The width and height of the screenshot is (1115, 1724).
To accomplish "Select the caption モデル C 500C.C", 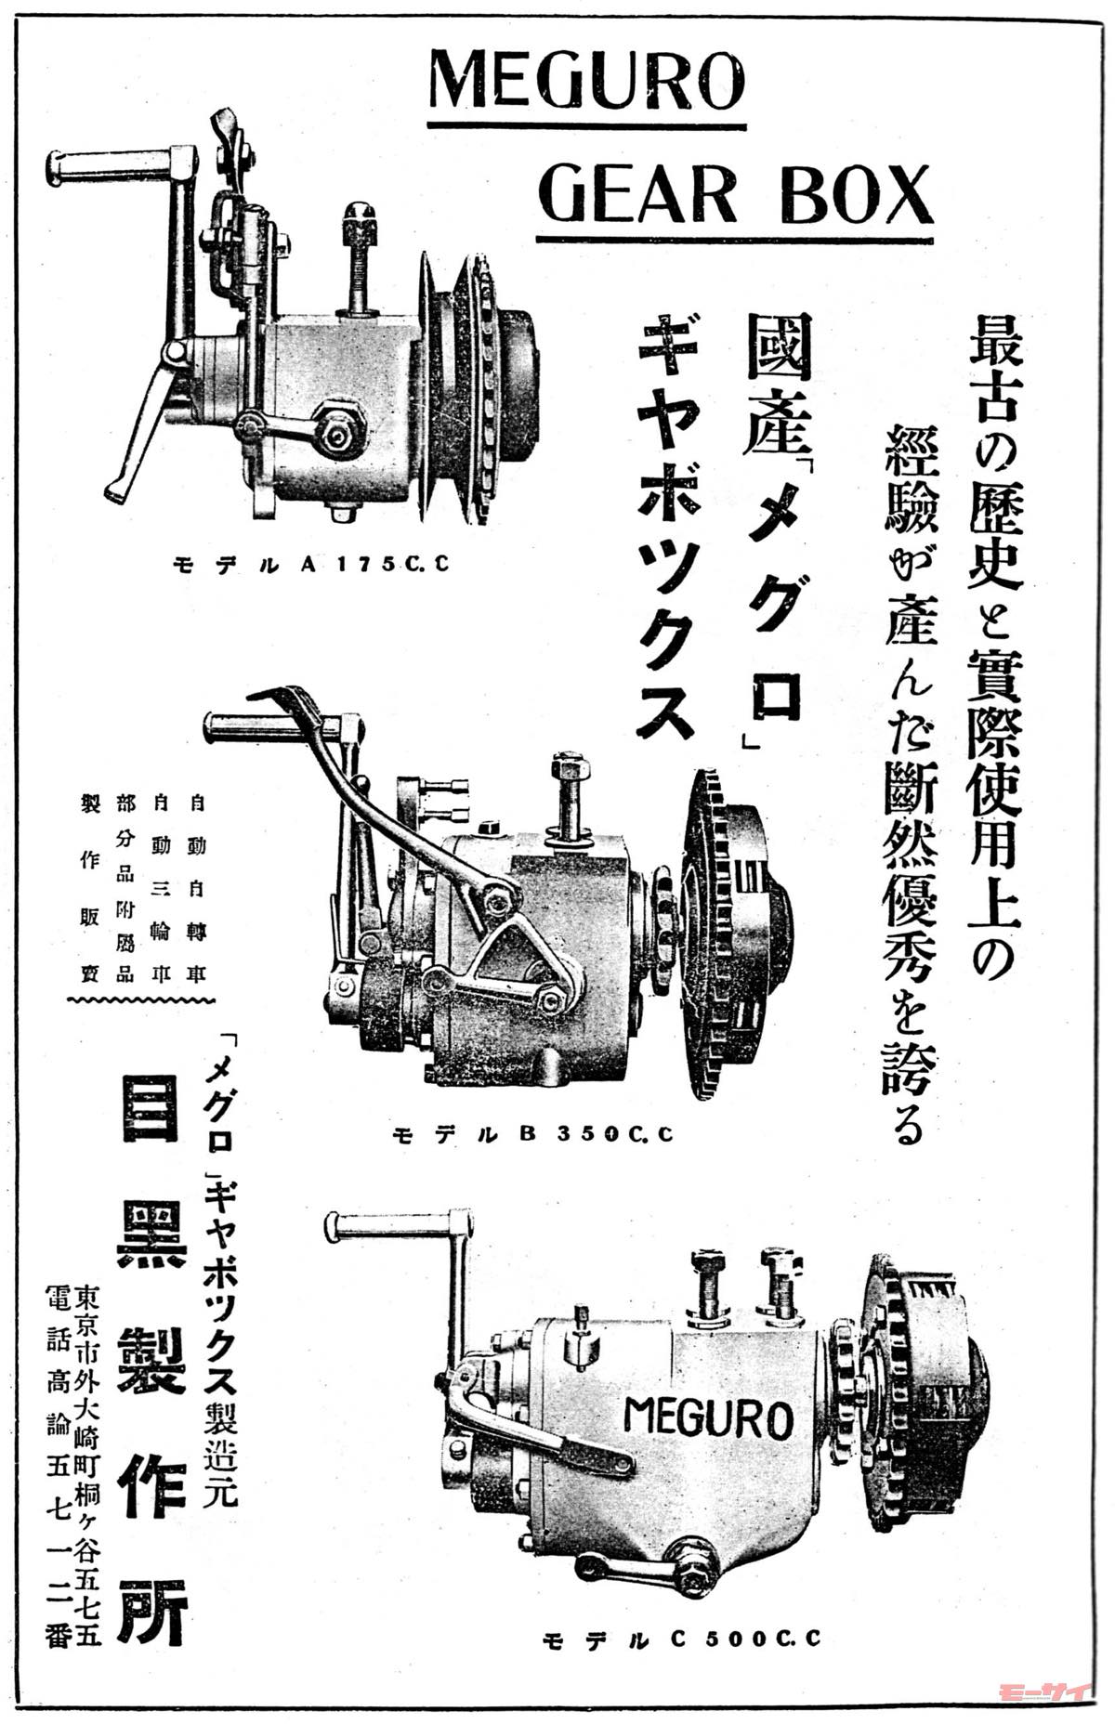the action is coord(683,1639).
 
